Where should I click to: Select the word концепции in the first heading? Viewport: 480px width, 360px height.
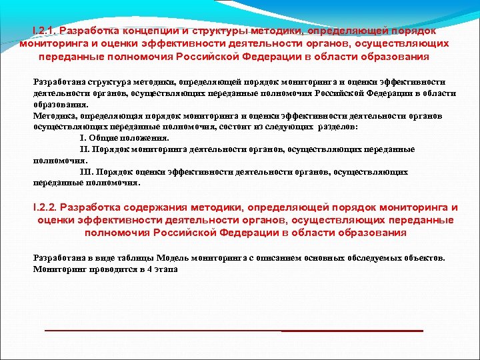(x=139, y=31)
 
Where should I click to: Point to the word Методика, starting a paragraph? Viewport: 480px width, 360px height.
(x=53, y=115)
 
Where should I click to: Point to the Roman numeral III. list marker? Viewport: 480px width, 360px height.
(x=85, y=171)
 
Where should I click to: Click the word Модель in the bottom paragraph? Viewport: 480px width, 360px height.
(x=167, y=258)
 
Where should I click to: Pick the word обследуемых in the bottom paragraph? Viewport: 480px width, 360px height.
(x=355, y=258)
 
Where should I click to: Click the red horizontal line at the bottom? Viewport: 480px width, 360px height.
(x=233, y=331)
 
